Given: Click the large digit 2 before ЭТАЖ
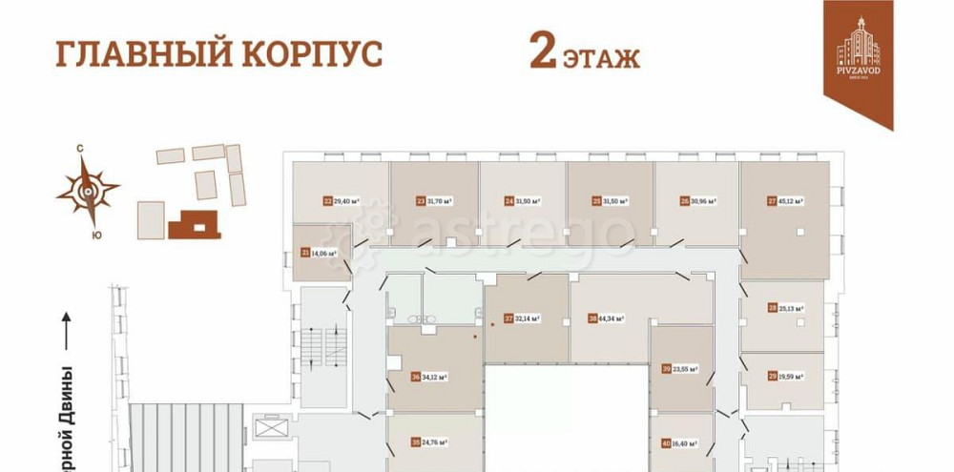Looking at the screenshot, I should [x=543, y=52].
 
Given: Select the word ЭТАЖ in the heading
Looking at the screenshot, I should [x=600, y=58].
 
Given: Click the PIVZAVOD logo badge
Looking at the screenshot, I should [x=859, y=57].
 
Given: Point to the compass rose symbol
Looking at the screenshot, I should [x=88, y=190].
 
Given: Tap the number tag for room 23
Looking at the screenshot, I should [x=421, y=201].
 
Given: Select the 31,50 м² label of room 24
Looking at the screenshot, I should [x=528, y=201].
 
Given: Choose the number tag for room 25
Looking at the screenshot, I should [x=596, y=201].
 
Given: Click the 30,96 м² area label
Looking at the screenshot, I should [x=703, y=201].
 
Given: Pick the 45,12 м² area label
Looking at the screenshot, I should [x=791, y=201].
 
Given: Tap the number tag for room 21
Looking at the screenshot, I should [x=305, y=253].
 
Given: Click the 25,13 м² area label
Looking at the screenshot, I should [x=791, y=309].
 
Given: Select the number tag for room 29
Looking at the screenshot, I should [x=771, y=377].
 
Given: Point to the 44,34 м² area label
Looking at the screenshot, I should [x=612, y=318].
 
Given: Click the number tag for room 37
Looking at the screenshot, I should [x=508, y=318].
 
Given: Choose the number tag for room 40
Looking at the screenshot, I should [x=665, y=442].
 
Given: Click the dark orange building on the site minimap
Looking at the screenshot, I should [x=196, y=224].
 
